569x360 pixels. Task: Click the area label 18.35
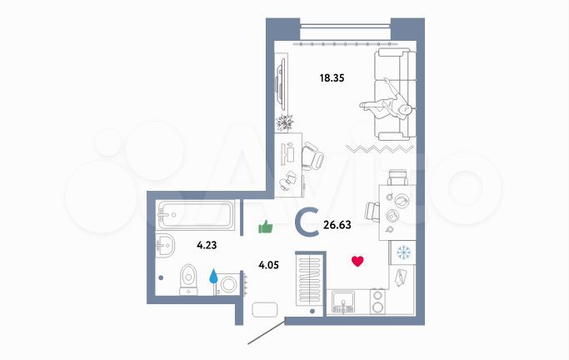[x=332, y=79]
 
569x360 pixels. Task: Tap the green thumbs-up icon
[x=266, y=226]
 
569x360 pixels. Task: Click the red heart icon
[x=358, y=262]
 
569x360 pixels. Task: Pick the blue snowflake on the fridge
[x=402, y=252]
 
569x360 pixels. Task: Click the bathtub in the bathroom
[x=194, y=216]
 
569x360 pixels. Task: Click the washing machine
[x=228, y=283]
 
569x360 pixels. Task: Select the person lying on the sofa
[x=388, y=108]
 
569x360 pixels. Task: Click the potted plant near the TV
[x=286, y=122]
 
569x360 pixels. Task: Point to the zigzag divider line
[x=380, y=149]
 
